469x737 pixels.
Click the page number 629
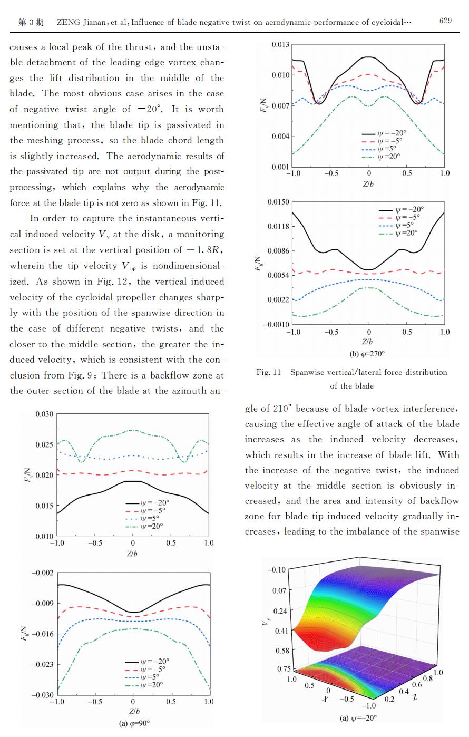[x=445, y=21]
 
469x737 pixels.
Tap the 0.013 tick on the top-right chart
[x=280, y=44]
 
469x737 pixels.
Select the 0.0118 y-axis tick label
[x=278, y=226]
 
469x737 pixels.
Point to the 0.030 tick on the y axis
[x=44, y=414]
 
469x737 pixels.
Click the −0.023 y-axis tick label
[x=42, y=664]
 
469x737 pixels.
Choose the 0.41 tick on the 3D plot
[x=281, y=631]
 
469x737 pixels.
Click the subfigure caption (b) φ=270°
[x=367, y=354]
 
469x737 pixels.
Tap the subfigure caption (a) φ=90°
[x=134, y=723]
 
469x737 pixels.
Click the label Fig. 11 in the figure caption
[x=269, y=372]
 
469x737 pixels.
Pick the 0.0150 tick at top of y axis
[x=278, y=202]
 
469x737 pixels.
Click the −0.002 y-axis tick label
[x=42, y=573]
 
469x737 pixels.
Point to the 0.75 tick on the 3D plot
[x=284, y=668]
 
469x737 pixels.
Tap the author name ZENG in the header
[x=69, y=22]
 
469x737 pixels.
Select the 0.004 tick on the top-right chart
[x=280, y=136]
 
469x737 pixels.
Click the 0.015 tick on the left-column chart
[x=44, y=506]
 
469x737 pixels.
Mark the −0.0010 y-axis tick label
[x=276, y=324]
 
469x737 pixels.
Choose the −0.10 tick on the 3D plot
[x=277, y=569]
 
